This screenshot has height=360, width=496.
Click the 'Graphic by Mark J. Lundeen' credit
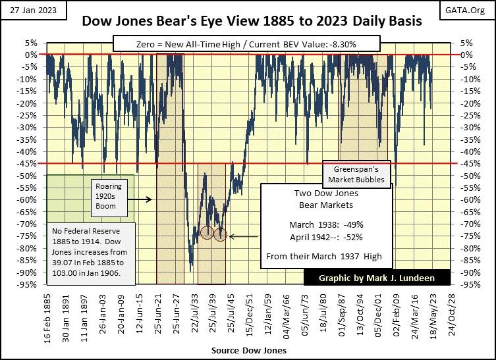377,277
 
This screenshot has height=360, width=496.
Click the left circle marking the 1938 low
207,233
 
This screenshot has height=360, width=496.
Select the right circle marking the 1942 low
220,234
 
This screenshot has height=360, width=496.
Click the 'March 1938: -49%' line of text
327,222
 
